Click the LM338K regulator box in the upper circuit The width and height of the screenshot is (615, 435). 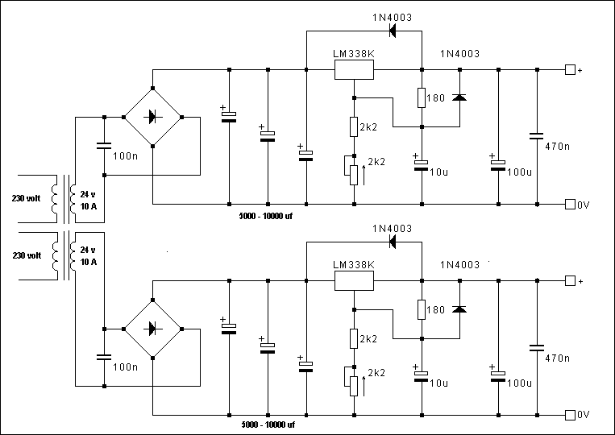pyautogui.click(x=354, y=70)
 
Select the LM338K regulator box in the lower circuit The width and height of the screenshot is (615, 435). pyautogui.click(x=354, y=281)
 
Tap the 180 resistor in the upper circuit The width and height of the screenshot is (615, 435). pyautogui.click(x=422, y=97)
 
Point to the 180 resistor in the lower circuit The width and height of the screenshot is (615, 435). pyautogui.click(x=422, y=309)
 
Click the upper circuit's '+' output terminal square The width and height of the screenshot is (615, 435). pyautogui.click(x=570, y=70)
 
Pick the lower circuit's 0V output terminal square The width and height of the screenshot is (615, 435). pyautogui.click(x=570, y=415)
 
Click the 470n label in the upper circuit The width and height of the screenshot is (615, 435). pyautogui.click(x=557, y=146)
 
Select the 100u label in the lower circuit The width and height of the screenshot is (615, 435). pyautogui.click(x=519, y=383)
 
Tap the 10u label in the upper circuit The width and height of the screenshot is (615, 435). pyautogui.click(x=438, y=172)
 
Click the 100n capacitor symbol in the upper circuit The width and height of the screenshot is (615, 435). pyautogui.click(x=104, y=146)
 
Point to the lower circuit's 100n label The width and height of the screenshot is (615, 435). pyautogui.click(x=125, y=367)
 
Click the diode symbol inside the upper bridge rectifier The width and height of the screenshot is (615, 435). pyautogui.click(x=152, y=117)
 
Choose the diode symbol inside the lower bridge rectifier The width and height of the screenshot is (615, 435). pyautogui.click(x=152, y=329)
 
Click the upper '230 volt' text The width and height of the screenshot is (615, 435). pyautogui.click(x=26, y=198)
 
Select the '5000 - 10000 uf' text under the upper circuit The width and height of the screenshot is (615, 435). pyautogui.click(x=265, y=216)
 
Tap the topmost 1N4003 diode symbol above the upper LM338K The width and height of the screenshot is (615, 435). pyautogui.click(x=393, y=31)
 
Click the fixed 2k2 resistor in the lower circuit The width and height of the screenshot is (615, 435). pyautogui.click(x=354, y=338)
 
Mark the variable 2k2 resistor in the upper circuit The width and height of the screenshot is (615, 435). pyautogui.click(x=354, y=175)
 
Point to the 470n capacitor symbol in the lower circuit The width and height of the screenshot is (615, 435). pyautogui.click(x=537, y=348)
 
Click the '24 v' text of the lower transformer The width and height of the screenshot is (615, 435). pyautogui.click(x=88, y=250)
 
